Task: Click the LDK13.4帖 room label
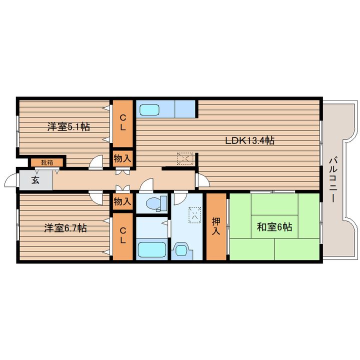249,140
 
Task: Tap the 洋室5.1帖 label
68,126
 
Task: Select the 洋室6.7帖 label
65,228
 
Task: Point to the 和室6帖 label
274,227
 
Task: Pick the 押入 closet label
216,226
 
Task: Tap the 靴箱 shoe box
47,163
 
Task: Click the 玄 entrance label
35,180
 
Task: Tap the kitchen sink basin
149,109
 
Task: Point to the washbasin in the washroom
181,250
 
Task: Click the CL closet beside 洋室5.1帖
123,123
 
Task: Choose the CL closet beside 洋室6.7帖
123,236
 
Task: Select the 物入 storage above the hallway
122,158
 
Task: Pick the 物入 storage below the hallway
122,201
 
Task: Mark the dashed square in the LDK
185,158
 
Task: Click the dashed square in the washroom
194,215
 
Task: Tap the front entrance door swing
10,180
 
